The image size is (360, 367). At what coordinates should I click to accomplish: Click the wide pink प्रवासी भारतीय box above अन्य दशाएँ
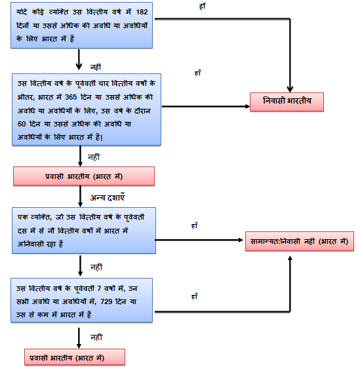coord(83,176)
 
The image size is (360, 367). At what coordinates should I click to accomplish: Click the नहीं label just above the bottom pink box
coord(96,336)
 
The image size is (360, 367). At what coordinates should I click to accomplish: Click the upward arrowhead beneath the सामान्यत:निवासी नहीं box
coord(289,259)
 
